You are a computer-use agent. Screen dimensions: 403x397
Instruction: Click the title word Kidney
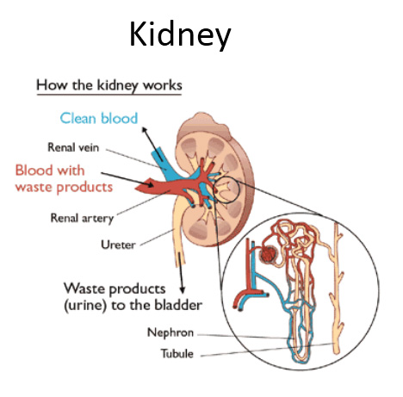[x=180, y=35]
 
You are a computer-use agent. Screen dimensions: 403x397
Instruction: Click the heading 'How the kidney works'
[x=109, y=85]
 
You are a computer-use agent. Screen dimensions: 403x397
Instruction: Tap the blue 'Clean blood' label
[x=99, y=118]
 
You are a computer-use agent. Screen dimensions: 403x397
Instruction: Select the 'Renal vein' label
[x=73, y=147]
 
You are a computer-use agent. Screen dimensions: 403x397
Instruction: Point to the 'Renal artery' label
[x=82, y=219]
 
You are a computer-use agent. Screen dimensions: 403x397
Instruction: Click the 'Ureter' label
[x=118, y=245]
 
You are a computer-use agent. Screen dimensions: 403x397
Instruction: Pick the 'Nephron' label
[x=170, y=332]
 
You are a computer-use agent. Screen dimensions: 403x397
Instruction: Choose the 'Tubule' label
[x=177, y=353]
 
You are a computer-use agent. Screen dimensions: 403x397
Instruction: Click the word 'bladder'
[x=178, y=305]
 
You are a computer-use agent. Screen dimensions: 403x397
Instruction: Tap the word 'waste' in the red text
[x=34, y=188]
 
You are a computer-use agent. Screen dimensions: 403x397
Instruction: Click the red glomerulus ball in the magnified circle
[x=268, y=254]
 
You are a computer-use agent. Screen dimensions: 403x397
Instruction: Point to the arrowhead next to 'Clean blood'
[x=145, y=131]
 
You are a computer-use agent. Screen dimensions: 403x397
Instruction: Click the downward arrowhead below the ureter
[x=182, y=290]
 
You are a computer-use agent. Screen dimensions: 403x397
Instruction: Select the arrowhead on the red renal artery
[x=150, y=183]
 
